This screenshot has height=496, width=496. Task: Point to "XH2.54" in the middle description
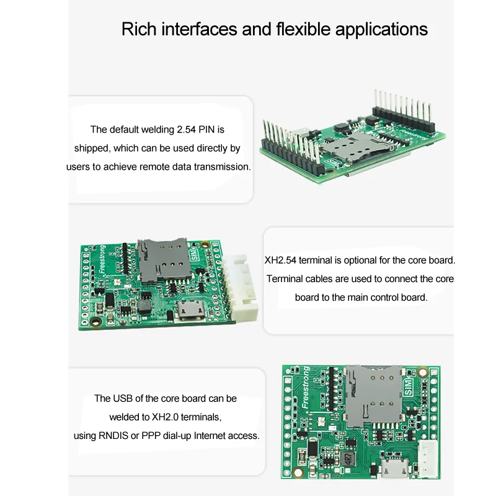click(x=278, y=260)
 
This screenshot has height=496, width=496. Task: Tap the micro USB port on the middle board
click(x=190, y=309)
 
